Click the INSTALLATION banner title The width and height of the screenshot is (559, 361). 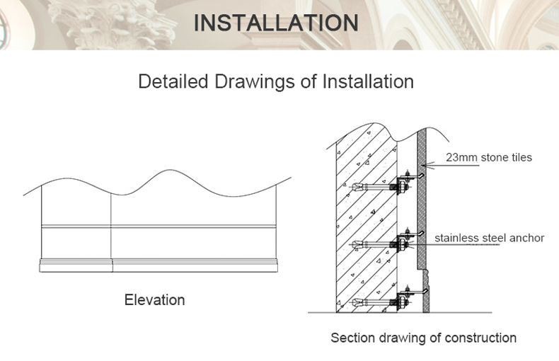click(276, 22)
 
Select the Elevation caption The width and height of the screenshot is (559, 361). click(154, 299)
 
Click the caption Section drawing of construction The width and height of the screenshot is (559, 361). click(423, 338)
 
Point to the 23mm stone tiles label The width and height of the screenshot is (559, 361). click(488, 157)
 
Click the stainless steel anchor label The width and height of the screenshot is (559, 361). click(489, 238)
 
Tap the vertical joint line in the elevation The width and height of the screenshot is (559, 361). click(111, 227)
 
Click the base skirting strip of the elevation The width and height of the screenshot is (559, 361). click(156, 265)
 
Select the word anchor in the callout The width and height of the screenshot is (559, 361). click(527, 238)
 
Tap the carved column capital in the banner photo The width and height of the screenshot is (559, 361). click(127, 21)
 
